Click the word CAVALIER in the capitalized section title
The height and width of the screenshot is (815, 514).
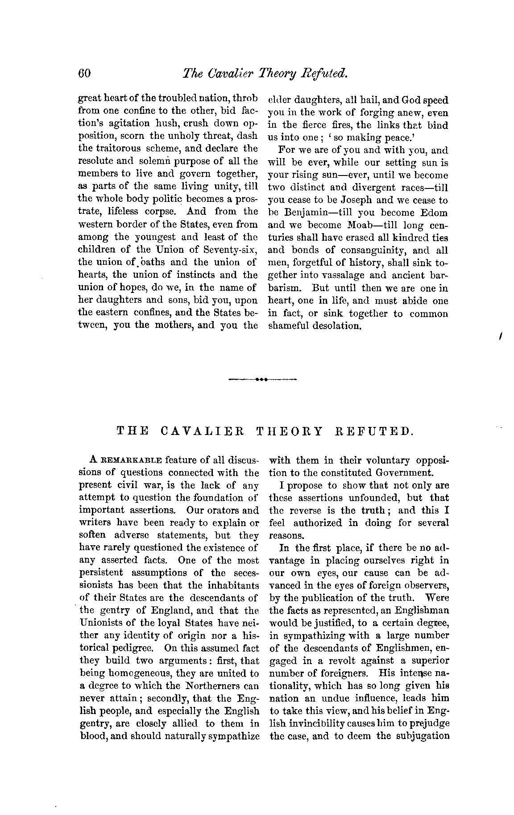202,431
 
